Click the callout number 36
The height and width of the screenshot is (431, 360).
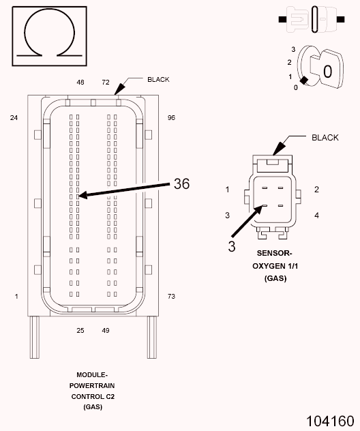tap(181, 183)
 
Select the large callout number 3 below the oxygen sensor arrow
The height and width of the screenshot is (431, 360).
tap(232, 246)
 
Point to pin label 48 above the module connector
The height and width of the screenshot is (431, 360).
tap(80, 82)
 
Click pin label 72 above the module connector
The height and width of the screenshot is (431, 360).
tap(106, 82)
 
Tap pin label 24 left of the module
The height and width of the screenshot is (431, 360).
tap(14, 118)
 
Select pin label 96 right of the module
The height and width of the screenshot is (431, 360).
tap(171, 118)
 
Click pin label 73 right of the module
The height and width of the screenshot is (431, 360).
tap(171, 296)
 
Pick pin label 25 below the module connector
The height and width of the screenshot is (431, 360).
tap(80, 331)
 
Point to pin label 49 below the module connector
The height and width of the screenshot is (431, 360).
tap(106, 331)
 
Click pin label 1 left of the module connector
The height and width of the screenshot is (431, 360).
tap(16, 296)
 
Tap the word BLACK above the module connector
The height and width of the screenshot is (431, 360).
tap(158, 79)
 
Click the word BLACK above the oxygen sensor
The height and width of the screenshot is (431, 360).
tap(325, 138)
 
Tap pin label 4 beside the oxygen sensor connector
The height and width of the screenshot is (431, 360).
tap(317, 215)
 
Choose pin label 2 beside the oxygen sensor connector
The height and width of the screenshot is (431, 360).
tap(317, 189)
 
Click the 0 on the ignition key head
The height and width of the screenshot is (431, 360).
tap(327, 71)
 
